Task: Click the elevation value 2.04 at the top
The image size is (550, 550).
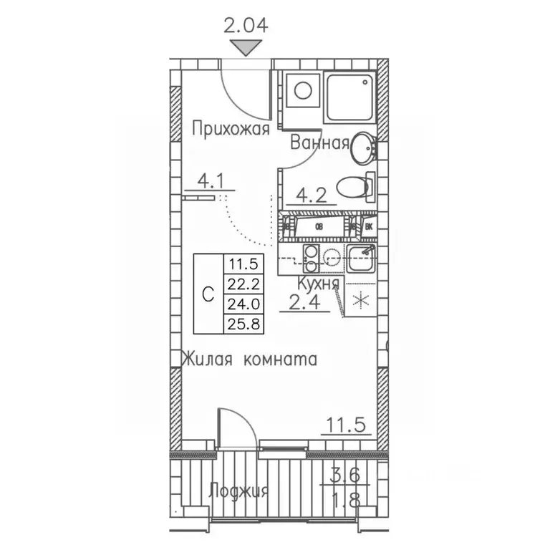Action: [x=246, y=26]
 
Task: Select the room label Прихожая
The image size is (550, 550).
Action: [x=231, y=130]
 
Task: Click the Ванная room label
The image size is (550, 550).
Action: [x=319, y=143]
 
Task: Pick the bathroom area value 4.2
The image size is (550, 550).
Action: [x=312, y=193]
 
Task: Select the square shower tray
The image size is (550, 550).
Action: [x=350, y=97]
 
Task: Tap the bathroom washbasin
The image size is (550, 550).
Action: [x=363, y=148]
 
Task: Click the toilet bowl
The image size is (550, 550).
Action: [x=353, y=188]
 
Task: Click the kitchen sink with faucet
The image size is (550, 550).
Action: [x=361, y=258]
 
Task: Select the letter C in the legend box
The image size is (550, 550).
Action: [x=207, y=294]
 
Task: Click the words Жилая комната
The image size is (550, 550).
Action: [x=249, y=358]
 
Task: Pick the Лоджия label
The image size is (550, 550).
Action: [x=239, y=492]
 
